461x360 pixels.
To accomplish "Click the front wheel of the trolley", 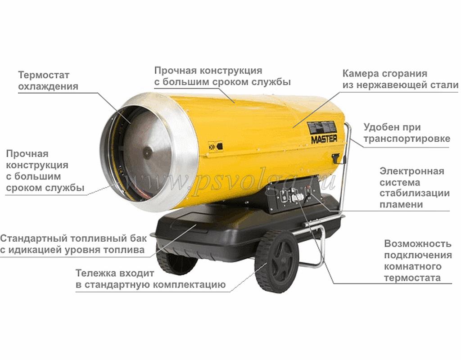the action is point(276,261).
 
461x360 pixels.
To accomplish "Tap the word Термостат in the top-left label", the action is point(44,75).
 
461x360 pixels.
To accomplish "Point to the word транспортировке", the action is point(407,139).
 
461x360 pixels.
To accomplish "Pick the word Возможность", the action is point(417,243).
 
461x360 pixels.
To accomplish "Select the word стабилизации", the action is point(415,193).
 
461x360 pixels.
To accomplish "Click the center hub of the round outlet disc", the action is point(148,152).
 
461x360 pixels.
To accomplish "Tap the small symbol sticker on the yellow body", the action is point(216,146).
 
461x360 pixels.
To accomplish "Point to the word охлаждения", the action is point(48,87).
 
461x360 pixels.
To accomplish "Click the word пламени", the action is point(401,204).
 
